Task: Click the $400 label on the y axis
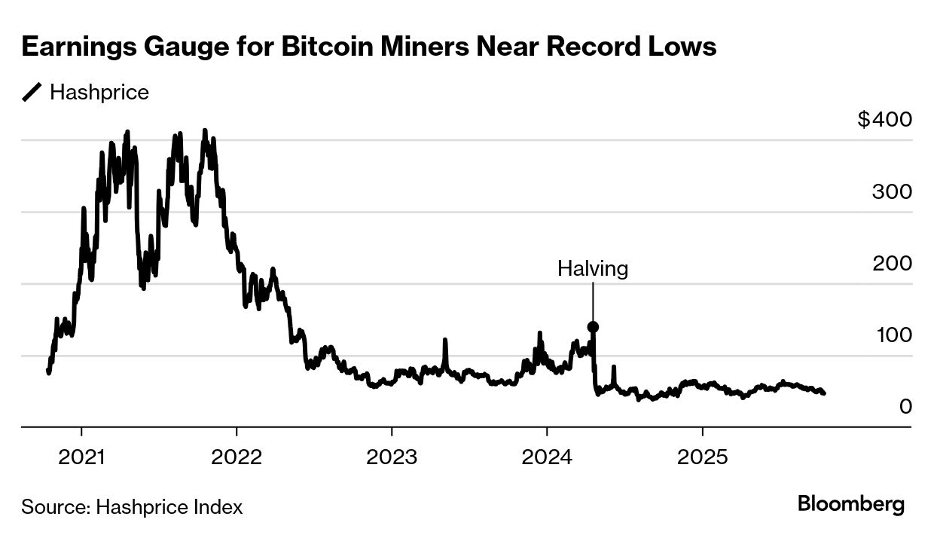pos(884,120)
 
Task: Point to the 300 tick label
pos(892,192)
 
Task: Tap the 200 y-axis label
pos(892,264)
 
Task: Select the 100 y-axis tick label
pos(893,335)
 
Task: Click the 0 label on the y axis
pos(905,407)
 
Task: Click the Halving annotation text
pos(592,268)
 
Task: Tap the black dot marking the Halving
pos(593,327)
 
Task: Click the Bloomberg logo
pos(851,504)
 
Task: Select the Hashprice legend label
pos(99,93)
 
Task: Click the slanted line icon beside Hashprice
pos(32,93)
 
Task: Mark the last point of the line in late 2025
pos(824,393)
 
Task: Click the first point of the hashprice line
pos(48,371)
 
